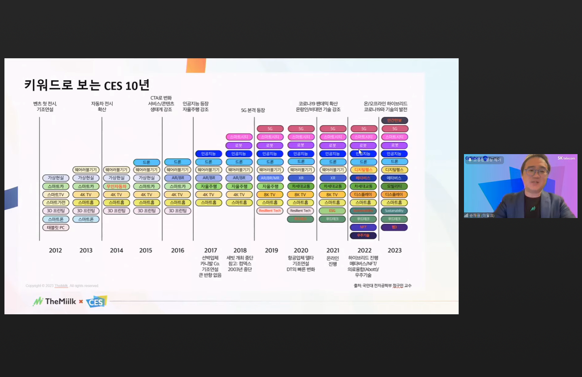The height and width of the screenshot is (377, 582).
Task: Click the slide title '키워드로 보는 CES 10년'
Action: point(87,85)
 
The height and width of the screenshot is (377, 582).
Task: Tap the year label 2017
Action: point(210,250)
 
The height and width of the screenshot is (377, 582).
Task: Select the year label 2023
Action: point(394,250)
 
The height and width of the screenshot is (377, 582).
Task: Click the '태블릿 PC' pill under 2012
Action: point(56,227)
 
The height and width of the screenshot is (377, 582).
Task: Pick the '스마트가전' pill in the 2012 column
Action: point(56,203)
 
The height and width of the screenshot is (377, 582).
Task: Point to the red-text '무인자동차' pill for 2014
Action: point(116,186)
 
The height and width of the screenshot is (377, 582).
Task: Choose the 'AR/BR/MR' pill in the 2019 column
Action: point(270,178)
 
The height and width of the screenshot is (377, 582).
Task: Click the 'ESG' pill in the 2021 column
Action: point(333,211)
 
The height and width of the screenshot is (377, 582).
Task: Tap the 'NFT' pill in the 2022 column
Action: point(363,227)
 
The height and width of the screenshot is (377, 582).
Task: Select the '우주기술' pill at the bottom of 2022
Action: point(363,235)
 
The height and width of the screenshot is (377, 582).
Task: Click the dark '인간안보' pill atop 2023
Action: point(394,121)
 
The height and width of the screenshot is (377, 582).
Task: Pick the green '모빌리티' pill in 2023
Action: point(394,186)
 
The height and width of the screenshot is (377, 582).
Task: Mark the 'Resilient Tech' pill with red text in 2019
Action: point(270,211)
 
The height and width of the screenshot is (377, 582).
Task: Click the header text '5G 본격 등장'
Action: point(253,110)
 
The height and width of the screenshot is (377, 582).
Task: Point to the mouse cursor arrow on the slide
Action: point(360,151)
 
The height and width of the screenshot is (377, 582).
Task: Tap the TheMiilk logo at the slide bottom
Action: point(55,301)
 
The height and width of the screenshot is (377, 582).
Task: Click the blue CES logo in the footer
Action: point(96,302)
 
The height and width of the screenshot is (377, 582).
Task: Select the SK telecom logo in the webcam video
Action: point(566,158)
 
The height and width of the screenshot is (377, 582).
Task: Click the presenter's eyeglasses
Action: point(536,172)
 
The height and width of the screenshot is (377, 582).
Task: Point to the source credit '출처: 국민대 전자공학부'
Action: point(382,286)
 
